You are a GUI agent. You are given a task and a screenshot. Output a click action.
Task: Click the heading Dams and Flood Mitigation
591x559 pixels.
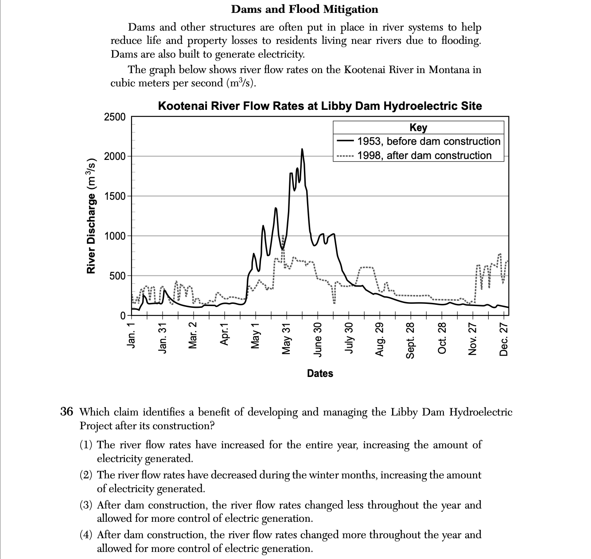pos(304,9)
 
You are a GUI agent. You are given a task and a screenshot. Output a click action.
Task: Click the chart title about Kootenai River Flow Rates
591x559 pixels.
pos(319,106)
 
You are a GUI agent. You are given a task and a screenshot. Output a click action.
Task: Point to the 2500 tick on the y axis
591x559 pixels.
pos(115,117)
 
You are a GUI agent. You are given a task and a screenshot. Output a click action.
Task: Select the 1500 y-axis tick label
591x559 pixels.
pos(115,196)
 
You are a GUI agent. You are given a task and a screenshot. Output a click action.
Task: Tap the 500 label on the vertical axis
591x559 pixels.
pos(117,276)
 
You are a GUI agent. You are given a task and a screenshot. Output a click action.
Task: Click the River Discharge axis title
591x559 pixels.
pos(91,216)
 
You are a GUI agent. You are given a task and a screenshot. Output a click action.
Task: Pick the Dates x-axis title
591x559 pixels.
pos(320,373)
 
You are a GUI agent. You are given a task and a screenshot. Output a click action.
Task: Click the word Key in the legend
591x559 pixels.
pos(418,128)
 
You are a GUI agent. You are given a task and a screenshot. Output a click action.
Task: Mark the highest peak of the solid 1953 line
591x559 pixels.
pos(302,149)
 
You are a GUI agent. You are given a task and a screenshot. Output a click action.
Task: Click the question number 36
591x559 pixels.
pos(66,412)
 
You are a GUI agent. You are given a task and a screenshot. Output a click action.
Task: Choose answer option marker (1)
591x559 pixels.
pos(86,445)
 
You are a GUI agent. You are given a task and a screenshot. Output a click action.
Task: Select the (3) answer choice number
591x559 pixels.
pos(86,505)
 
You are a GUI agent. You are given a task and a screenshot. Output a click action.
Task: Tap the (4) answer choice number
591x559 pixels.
pos(86,535)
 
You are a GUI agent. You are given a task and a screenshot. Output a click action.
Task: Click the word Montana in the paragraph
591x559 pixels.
pos(448,70)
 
